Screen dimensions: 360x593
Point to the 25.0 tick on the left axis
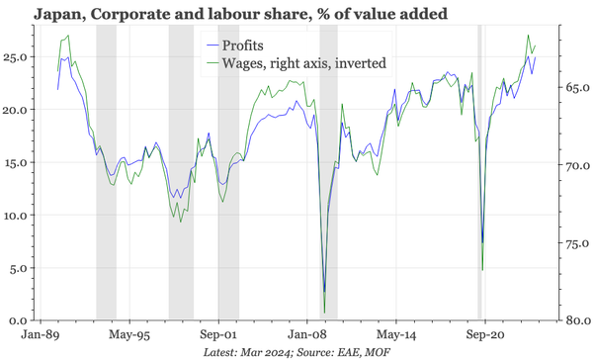[x=16, y=57]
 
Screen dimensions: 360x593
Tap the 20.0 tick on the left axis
[x=16, y=110]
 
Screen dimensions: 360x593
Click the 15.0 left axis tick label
[x=16, y=162]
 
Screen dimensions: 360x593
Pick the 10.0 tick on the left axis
[x=16, y=216]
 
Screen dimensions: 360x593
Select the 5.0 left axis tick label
[x=19, y=268]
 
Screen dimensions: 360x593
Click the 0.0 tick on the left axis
[x=19, y=320]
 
